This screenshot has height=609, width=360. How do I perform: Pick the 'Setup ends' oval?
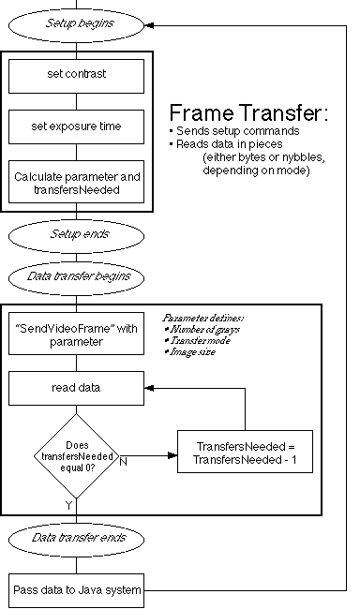[x=76, y=234]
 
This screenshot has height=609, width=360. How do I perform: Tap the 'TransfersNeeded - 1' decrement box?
[x=244, y=452]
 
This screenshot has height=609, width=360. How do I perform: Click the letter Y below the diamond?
[x=68, y=504]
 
